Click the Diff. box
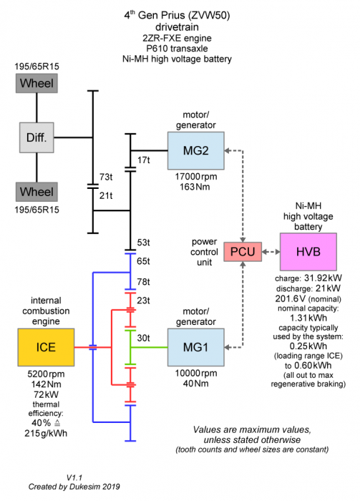tap(37, 137)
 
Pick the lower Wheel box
tap(37, 192)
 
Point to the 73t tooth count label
tap(106, 176)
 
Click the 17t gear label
tap(144, 159)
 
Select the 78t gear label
tap(143, 281)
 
